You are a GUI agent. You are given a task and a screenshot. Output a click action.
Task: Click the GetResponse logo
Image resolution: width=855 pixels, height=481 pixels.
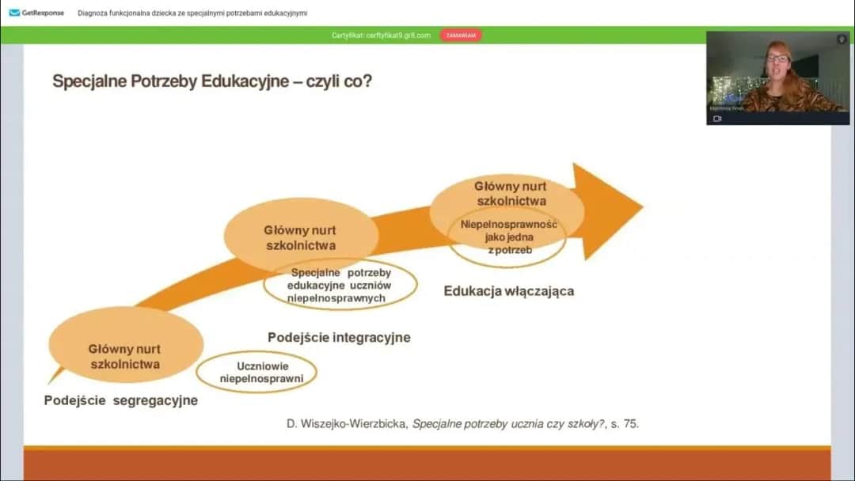pos(36,13)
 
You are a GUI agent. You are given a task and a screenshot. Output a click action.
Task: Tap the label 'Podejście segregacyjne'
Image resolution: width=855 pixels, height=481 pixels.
pos(120,400)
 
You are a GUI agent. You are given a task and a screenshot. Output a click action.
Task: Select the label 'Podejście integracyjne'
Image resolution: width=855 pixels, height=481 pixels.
pos(339,337)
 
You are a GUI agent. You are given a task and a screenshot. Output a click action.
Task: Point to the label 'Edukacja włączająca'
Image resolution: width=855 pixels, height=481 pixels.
pos(508,291)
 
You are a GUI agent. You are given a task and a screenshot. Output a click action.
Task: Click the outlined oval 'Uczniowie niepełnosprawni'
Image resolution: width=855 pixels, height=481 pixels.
pos(256,373)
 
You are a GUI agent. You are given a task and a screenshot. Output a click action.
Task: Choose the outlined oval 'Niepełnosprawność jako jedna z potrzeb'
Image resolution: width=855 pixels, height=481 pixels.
pos(508,237)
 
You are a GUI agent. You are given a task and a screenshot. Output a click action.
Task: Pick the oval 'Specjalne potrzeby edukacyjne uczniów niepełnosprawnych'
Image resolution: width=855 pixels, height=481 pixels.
pos(340,286)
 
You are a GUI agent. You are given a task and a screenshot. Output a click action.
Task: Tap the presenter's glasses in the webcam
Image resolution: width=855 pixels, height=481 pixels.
pos(777,58)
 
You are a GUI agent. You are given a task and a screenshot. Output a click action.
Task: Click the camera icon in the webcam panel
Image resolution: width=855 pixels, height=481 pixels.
pos(717,119)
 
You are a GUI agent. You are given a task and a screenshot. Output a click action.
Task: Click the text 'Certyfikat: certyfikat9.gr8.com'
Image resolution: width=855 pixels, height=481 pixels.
pos(381,36)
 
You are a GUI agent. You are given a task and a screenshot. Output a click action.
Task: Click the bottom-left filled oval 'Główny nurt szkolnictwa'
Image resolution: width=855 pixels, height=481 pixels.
pos(125,356)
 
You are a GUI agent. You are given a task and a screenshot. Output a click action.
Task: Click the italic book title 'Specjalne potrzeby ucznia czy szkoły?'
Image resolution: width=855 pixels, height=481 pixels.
pos(508,424)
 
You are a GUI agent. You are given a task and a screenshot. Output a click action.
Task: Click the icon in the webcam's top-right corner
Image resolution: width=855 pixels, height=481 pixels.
pos(842,39)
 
